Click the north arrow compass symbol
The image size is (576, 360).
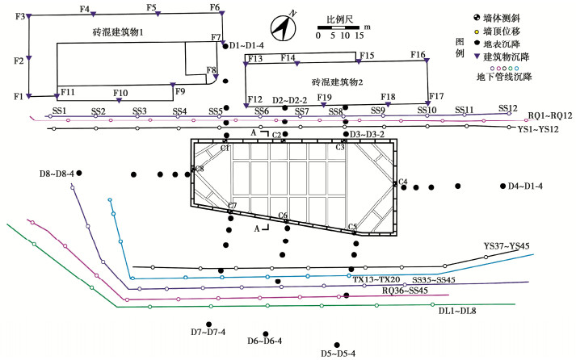click(283, 26)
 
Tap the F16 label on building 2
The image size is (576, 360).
click(418, 55)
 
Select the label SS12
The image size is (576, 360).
click(507, 108)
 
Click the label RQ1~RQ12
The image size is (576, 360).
click(551, 116)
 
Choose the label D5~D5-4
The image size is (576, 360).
click(338, 354)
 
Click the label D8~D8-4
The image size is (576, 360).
click(56, 174)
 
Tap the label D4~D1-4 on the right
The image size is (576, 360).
click(525, 186)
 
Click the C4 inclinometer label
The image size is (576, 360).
click(402, 181)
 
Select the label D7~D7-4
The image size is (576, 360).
click(208, 332)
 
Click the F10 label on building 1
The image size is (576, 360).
click(120, 93)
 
